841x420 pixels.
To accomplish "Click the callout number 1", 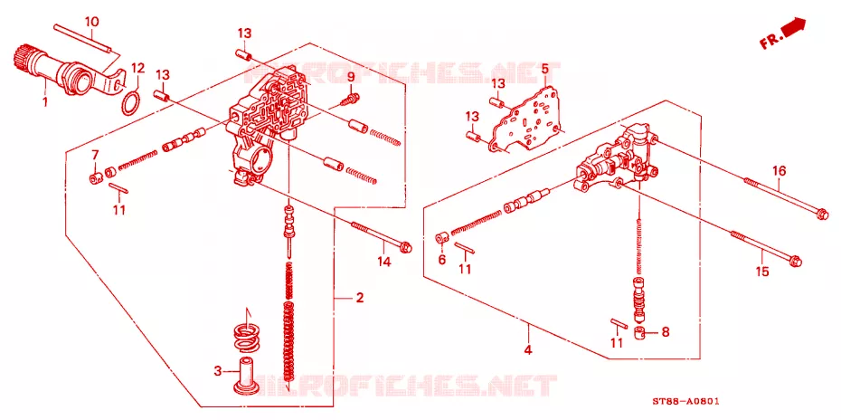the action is click(45, 100).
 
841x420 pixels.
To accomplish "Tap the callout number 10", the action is click(91, 22).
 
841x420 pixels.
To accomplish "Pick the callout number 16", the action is click(779, 171).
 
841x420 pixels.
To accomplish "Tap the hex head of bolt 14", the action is click(407, 246).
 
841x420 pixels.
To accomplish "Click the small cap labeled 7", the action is click(95, 178).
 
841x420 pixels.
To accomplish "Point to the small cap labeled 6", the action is click(441, 238).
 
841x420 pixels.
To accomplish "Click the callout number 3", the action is click(217, 370).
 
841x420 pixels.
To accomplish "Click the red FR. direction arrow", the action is click(784, 33).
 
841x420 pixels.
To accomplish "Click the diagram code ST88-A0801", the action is click(685, 401).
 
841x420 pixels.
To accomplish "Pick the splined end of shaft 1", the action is click(21, 57).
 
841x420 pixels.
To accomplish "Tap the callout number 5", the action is click(543, 68).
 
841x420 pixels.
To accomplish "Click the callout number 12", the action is click(137, 68).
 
